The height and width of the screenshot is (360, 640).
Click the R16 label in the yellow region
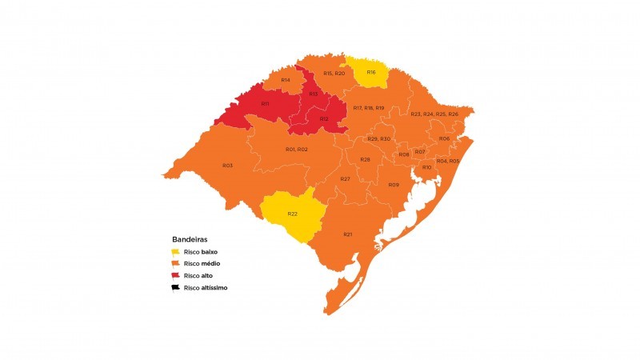coord(371,73)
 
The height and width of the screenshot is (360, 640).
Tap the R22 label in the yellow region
coord(293,214)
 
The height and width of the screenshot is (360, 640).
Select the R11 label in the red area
coord(265,104)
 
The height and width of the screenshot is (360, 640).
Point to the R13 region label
coord(314,94)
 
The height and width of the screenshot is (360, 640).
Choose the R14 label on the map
coord(286,80)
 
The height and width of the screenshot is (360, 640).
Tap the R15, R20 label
coord(334,74)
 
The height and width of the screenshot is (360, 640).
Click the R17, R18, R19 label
coord(369,107)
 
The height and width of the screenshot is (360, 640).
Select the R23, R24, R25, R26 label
coord(434,114)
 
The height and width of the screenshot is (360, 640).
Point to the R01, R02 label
coord(297,150)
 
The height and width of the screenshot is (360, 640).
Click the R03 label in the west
coord(227,166)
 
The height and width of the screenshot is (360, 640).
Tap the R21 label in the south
coord(348,234)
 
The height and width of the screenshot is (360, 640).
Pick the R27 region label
coord(346,178)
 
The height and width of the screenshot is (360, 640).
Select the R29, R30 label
coord(379,139)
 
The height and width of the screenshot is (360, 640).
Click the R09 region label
coord(394,185)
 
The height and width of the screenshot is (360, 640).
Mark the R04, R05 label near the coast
coord(448,162)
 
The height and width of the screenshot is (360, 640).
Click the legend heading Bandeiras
coord(190,239)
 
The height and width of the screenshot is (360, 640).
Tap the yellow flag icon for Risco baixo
coord(176,251)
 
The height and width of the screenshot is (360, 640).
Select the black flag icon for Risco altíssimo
coord(176,287)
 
